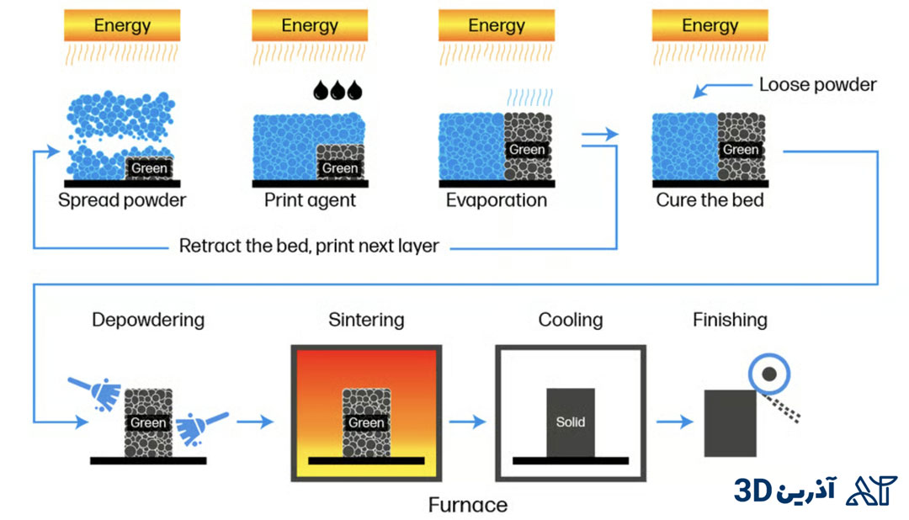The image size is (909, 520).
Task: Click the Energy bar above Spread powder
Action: point(122,25)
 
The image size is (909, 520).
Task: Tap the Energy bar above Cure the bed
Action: point(710,25)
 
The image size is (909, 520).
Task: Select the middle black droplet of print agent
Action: point(338,90)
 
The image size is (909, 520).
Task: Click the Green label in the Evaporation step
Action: point(527,150)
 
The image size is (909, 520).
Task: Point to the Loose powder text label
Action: point(817,85)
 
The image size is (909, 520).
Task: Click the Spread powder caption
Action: point(122,200)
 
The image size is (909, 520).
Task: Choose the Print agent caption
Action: point(310,200)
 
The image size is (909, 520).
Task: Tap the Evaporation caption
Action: point(497,200)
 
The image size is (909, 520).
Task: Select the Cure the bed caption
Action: point(710,200)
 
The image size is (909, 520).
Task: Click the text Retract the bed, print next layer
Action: point(308,246)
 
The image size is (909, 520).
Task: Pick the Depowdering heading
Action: point(148,320)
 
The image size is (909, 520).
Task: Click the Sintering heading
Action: point(366,320)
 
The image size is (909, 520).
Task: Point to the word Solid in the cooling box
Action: point(571,422)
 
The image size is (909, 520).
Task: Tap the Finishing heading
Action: point(730,320)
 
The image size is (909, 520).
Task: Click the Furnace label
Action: point(468,505)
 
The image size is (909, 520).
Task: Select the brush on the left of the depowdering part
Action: point(95,393)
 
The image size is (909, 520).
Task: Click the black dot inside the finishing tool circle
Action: point(769,374)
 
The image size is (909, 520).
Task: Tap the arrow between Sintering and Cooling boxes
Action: point(467,422)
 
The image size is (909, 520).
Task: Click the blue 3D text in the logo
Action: point(753,491)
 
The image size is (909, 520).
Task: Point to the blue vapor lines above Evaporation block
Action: point(530,97)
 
